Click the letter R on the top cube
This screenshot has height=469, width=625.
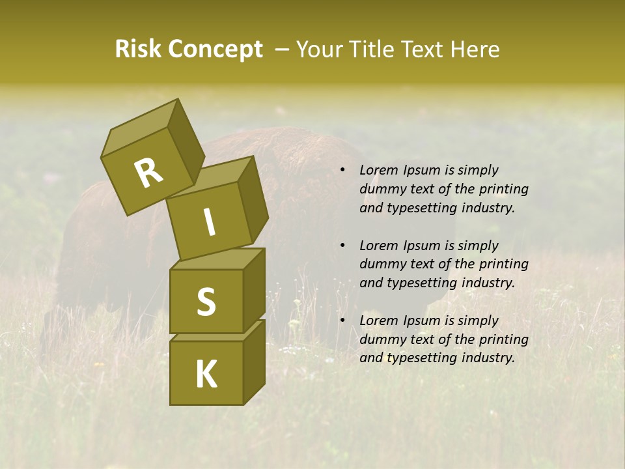148,173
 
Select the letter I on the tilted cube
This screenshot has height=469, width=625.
209,222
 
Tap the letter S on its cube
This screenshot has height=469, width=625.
206,302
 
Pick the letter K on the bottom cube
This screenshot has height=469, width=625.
206,374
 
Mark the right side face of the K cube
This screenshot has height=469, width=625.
254,362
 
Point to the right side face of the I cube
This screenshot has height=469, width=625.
253,199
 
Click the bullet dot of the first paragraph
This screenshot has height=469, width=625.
342,171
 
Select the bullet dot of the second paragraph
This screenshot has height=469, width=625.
342,246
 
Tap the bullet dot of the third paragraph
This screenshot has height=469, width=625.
342,321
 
